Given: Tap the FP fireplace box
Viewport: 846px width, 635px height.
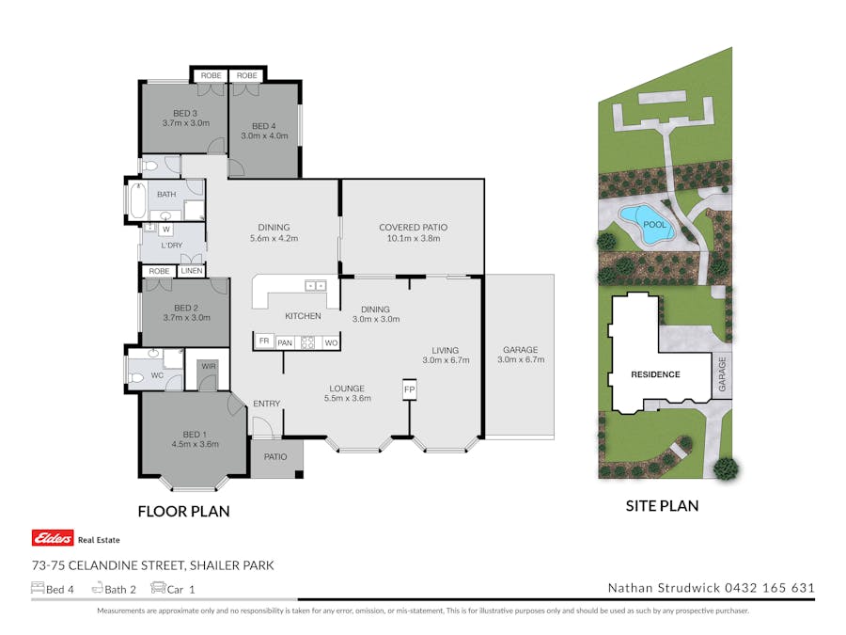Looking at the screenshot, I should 409,389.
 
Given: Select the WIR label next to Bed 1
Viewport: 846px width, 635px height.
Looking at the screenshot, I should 208,365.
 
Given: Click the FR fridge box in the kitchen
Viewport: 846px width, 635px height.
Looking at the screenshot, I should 264,342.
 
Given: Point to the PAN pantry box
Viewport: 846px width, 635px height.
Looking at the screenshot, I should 284,342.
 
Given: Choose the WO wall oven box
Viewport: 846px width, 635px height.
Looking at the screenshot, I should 330,342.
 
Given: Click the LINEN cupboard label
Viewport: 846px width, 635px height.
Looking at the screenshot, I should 191,271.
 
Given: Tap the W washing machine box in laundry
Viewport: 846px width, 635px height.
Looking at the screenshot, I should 165,229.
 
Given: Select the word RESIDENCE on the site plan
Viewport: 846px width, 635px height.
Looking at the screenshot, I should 654,374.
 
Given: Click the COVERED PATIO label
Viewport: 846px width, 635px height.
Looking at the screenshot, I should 413,227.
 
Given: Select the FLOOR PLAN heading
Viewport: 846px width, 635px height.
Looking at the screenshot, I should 183,512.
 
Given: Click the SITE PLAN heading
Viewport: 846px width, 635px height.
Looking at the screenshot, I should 662,506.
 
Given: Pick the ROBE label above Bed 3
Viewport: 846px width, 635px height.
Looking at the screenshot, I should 211,75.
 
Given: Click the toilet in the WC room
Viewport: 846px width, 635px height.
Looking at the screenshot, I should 138,376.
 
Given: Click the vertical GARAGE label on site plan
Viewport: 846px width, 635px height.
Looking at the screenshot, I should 722,373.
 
